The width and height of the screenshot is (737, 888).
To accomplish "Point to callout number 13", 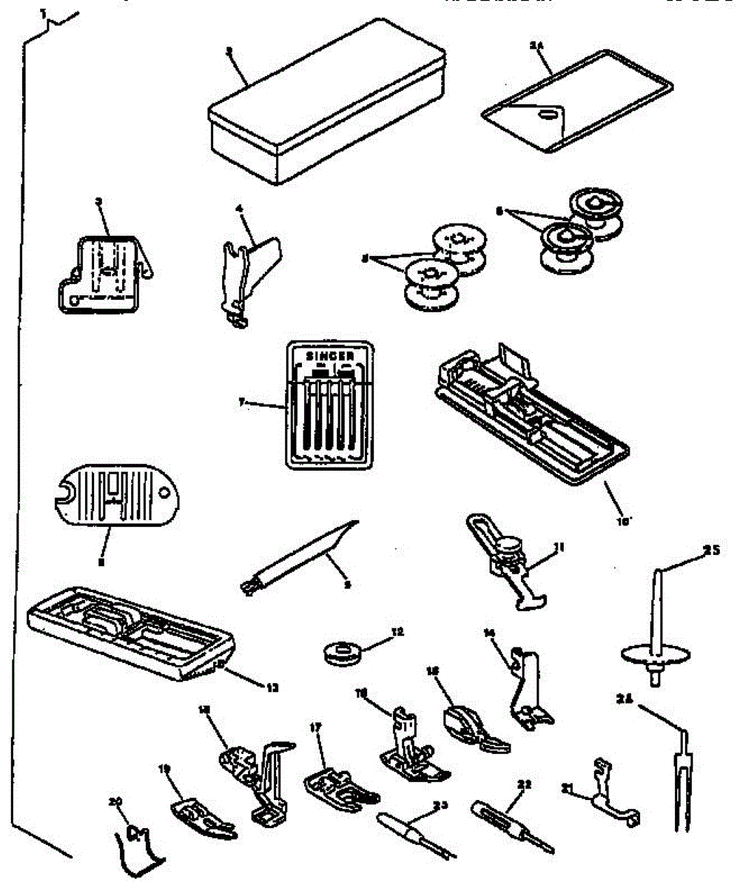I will click(x=273, y=687).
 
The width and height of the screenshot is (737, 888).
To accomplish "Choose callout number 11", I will click(x=560, y=548).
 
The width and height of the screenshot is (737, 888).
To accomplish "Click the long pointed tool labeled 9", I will click(x=303, y=556).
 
